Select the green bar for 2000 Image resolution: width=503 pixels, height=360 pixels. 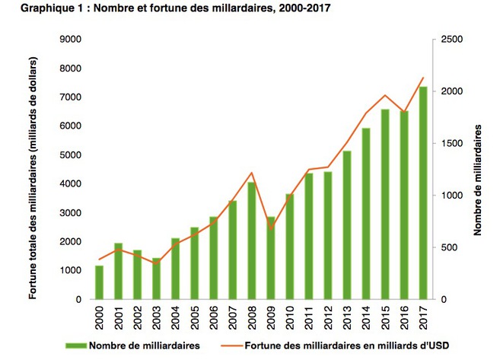pyautogui.click(x=98, y=282)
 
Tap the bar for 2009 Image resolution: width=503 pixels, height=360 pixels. pyautogui.click(x=270, y=258)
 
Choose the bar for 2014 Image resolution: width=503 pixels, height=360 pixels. pyautogui.click(x=366, y=214)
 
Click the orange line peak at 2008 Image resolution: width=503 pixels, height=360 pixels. pyautogui.click(x=251, y=173)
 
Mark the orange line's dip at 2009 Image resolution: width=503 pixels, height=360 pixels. pyautogui.click(x=270, y=228)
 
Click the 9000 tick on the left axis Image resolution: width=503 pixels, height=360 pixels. pyautogui.click(x=72, y=39)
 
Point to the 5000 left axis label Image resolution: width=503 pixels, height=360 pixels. pyautogui.click(x=72, y=155)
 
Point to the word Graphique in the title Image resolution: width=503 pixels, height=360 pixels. pyautogui.click(x=31, y=8)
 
